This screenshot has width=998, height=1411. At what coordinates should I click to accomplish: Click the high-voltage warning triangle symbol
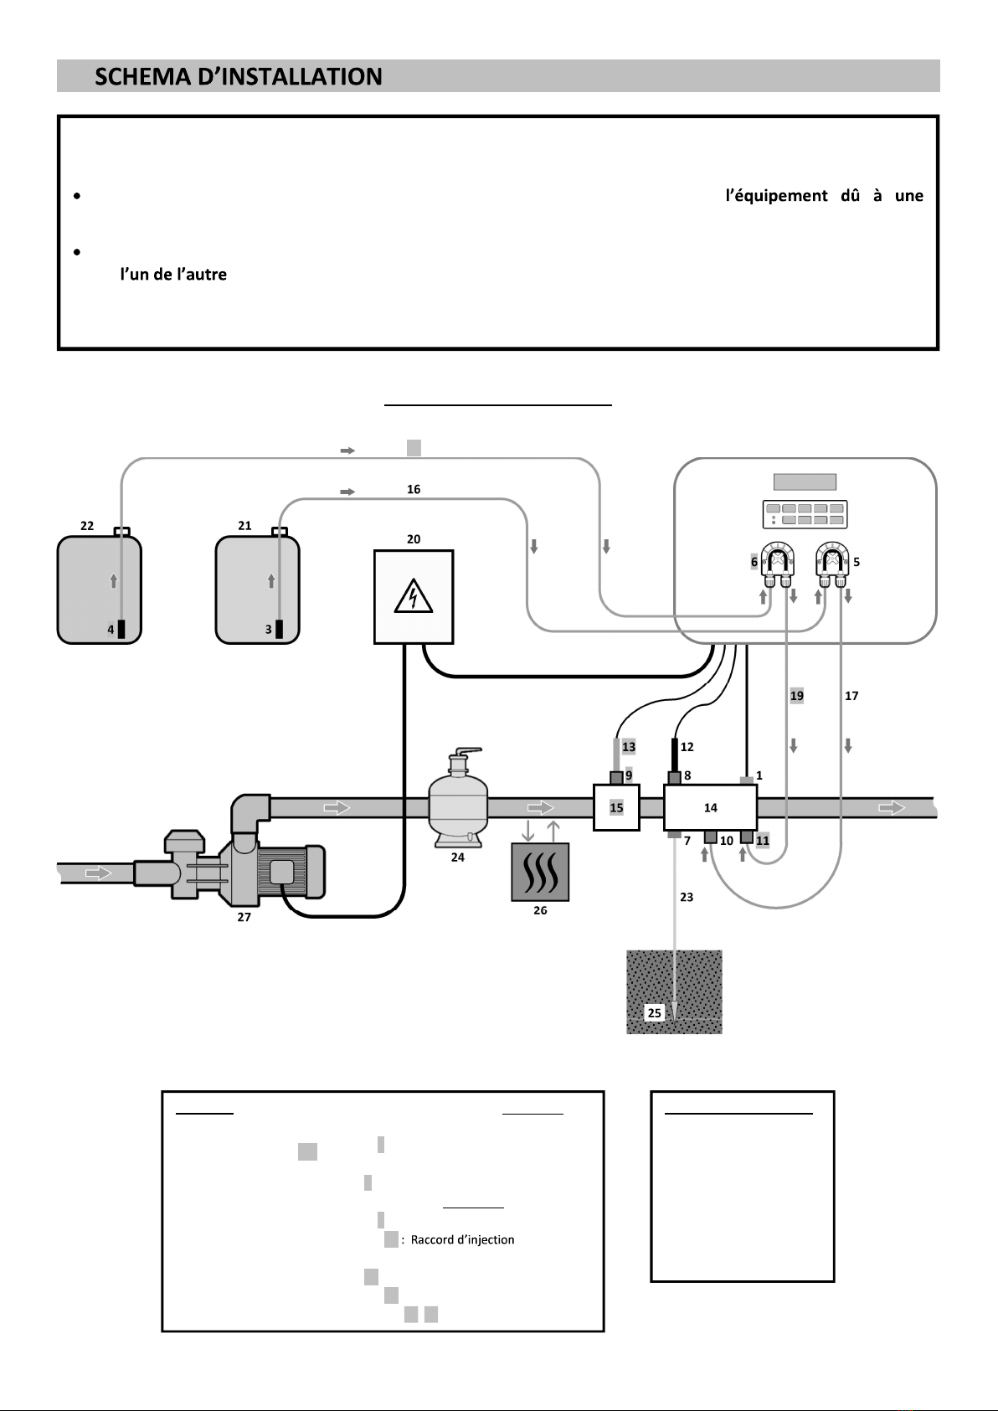(x=413, y=596)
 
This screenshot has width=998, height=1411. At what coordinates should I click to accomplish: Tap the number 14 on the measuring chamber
(x=710, y=807)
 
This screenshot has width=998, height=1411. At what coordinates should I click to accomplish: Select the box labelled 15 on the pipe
(x=616, y=807)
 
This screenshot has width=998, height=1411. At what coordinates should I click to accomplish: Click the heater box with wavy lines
(x=540, y=873)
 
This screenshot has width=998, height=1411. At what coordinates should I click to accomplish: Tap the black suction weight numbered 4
(x=121, y=629)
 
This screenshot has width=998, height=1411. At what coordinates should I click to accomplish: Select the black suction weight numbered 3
(x=279, y=629)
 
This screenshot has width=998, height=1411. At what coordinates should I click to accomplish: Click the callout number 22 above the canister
(x=87, y=525)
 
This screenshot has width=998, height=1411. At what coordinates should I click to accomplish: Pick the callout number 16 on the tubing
(x=413, y=489)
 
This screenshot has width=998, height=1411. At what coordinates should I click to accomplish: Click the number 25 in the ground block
(x=654, y=1012)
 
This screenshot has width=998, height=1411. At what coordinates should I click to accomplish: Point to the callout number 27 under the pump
(x=244, y=917)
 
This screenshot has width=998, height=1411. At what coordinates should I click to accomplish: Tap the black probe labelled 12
(x=674, y=755)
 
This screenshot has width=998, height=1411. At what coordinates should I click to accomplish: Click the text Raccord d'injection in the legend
(x=463, y=1239)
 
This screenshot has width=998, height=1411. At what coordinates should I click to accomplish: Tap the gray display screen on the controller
(x=805, y=481)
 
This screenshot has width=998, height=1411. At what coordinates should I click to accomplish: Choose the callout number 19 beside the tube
(x=796, y=695)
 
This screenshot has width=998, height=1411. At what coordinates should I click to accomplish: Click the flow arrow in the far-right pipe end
(x=892, y=807)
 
